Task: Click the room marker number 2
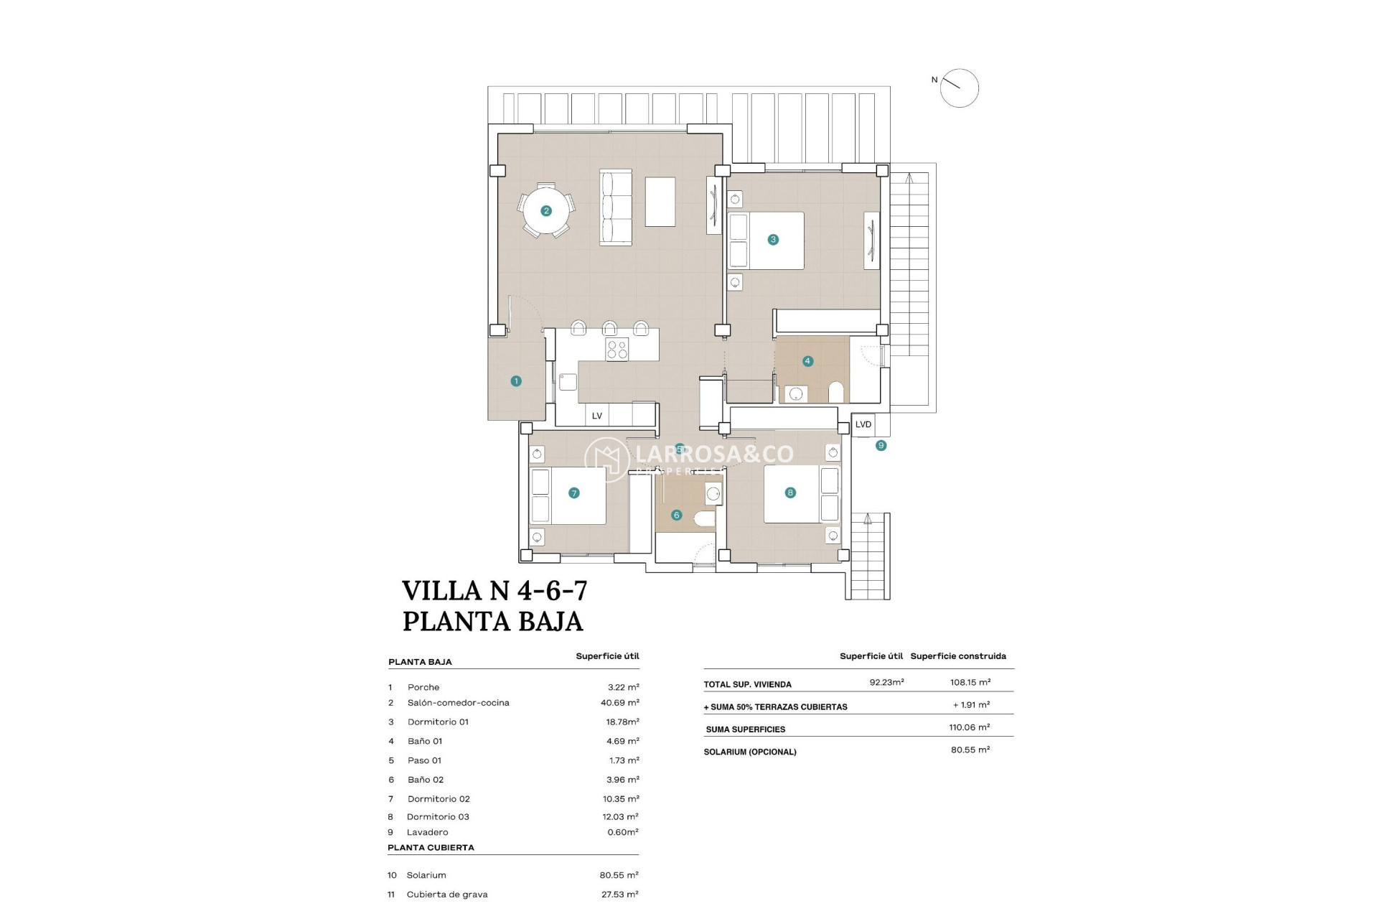coord(546,211)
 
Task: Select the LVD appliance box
coord(863,425)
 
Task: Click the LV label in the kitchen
coord(596,416)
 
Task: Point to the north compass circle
coord(960,88)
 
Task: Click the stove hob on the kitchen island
coord(617,350)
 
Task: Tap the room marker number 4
coord(807,361)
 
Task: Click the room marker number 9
coord(881,446)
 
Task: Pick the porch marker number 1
coord(516,381)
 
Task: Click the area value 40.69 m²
coord(619,703)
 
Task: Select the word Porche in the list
coord(423,687)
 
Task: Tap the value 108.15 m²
coord(970,683)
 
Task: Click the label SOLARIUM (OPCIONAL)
coord(750,752)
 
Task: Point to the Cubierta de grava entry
coord(446,895)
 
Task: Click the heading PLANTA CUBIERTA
coord(431,848)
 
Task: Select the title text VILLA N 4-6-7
coord(495,591)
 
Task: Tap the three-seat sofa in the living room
coord(616,207)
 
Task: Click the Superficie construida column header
coord(957,656)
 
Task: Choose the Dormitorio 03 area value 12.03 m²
coord(620,817)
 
